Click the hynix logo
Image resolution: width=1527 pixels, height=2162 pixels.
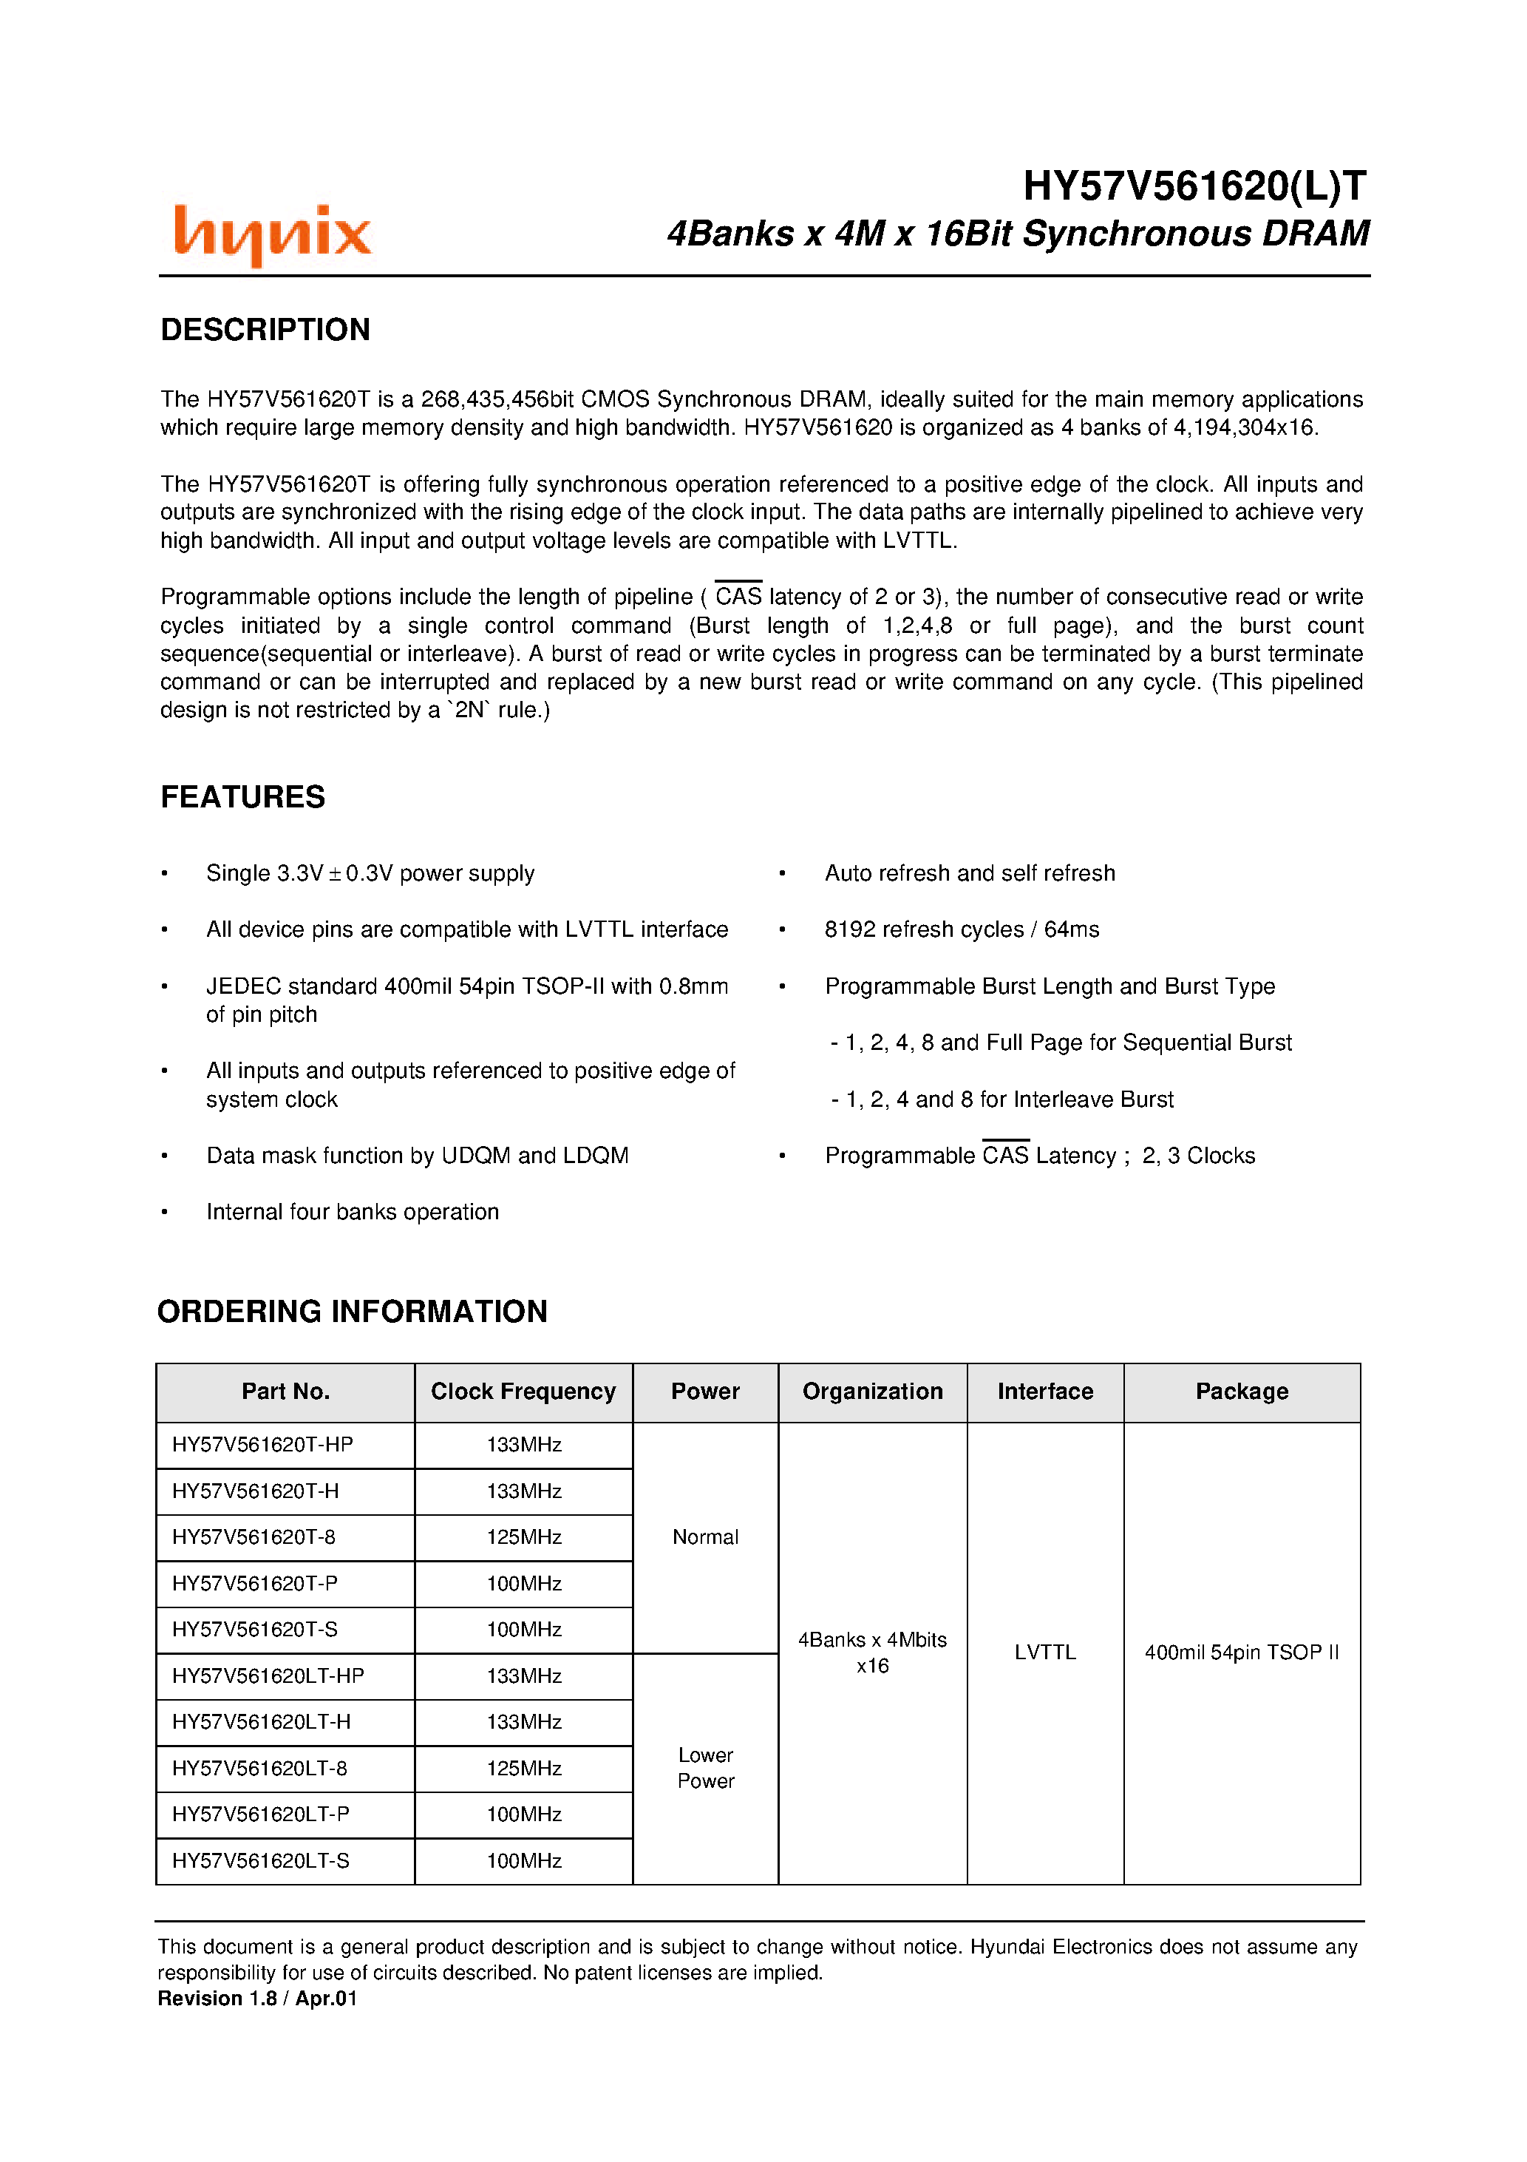click(272, 234)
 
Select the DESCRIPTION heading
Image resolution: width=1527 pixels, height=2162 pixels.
click(265, 330)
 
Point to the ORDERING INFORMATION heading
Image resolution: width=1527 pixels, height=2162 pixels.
click(352, 1311)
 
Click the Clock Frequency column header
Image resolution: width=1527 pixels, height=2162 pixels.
click(523, 1391)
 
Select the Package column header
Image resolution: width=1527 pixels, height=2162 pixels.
click(1241, 1391)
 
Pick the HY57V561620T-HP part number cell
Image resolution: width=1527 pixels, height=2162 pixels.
click(262, 1445)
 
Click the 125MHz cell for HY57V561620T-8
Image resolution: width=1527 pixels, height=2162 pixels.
click(523, 1536)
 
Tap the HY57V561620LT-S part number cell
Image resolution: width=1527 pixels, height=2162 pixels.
click(261, 1860)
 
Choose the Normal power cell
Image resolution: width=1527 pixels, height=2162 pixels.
click(705, 1536)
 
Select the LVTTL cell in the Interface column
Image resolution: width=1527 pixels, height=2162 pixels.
click(1045, 1652)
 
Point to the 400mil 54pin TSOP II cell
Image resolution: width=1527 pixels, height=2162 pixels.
click(1241, 1652)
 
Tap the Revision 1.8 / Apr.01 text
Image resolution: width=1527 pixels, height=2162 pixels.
click(257, 1998)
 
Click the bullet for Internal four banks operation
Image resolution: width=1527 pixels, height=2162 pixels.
click(165, 1212)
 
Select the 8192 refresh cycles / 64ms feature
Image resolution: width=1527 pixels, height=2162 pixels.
click(961, 929)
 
